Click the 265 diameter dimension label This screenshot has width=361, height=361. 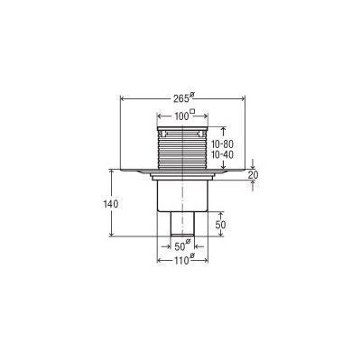click(181, 98)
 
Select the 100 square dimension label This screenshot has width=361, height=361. click(181, 116)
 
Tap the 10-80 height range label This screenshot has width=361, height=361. click(222, 144)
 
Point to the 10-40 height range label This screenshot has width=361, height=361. click(222, 154)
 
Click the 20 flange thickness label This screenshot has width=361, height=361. click(253, 174)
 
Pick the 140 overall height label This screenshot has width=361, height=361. click(111, 204)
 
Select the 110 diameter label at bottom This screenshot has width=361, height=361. click(181, 261)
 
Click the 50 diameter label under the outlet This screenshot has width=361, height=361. click(180, 246)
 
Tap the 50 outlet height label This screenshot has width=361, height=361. click(220, 225)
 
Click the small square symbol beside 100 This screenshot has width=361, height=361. click(192, 112)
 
